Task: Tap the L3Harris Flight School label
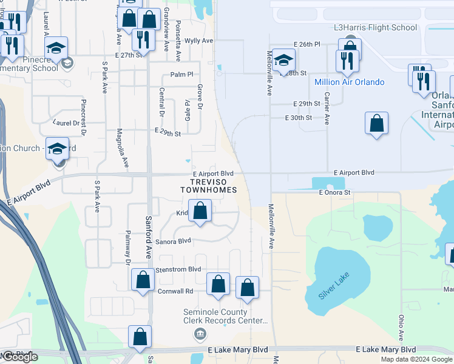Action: pos(376,27)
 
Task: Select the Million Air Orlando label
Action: pos(349,82)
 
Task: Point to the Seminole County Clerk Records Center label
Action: pos(226,316)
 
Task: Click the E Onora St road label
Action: pos(335,192)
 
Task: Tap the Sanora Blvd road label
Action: pos(174,241)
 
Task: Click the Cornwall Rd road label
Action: pos(176,291)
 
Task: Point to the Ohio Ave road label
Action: pos(401,327)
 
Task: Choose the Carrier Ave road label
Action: pos(327,109)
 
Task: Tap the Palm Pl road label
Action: pos(181,74)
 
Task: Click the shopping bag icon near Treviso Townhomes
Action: pos(200,212)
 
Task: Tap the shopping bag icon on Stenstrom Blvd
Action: pos(143,280)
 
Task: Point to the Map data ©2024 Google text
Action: pos(416,359)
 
